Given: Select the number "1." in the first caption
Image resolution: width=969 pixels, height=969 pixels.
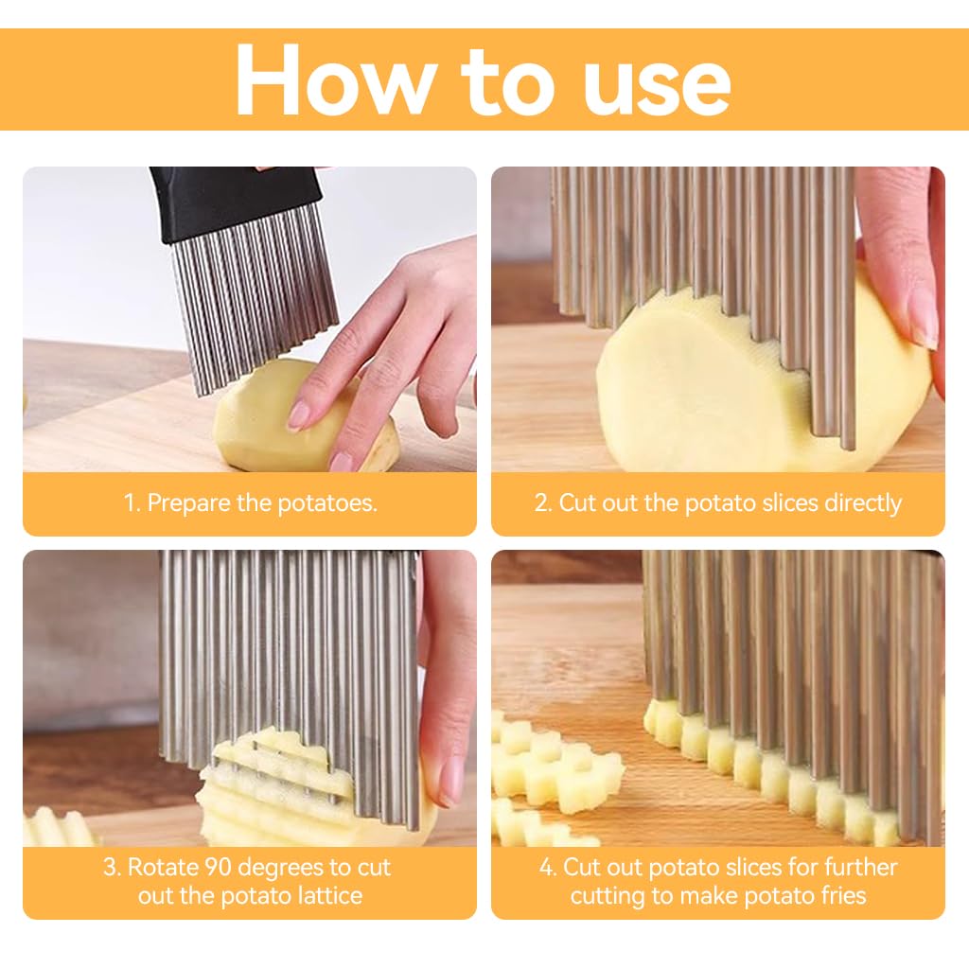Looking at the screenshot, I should [x=132, y=503].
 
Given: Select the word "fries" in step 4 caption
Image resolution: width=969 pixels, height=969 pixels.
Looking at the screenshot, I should [x=836, y=895].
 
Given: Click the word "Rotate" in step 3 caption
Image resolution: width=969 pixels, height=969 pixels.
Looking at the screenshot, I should [x=162, y=868].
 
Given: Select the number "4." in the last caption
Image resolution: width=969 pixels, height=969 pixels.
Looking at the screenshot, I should [x=549, y=868].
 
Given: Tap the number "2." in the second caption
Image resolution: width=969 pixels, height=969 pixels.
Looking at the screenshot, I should [x=542, y=503].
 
